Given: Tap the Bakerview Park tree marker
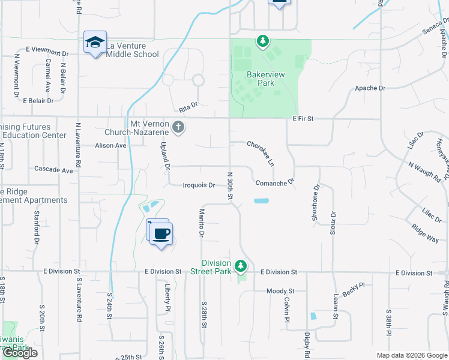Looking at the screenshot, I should coord(262,41).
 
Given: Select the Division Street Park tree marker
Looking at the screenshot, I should coord(241,265).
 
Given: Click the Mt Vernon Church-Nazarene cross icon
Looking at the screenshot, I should coord(178,127).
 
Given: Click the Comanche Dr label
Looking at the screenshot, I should coord(275,182).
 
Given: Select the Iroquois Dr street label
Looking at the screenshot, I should coord(199,185).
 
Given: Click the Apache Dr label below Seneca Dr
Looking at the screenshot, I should coord(370,88).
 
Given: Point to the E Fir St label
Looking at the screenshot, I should coord(303,119).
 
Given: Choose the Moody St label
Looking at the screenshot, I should coord(279,291).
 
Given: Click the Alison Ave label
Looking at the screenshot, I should coord(110,145).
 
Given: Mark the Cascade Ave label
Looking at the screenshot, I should coord(53,170).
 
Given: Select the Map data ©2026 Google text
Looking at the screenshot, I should coord(412,355).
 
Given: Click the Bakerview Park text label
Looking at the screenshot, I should coord(261,79).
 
